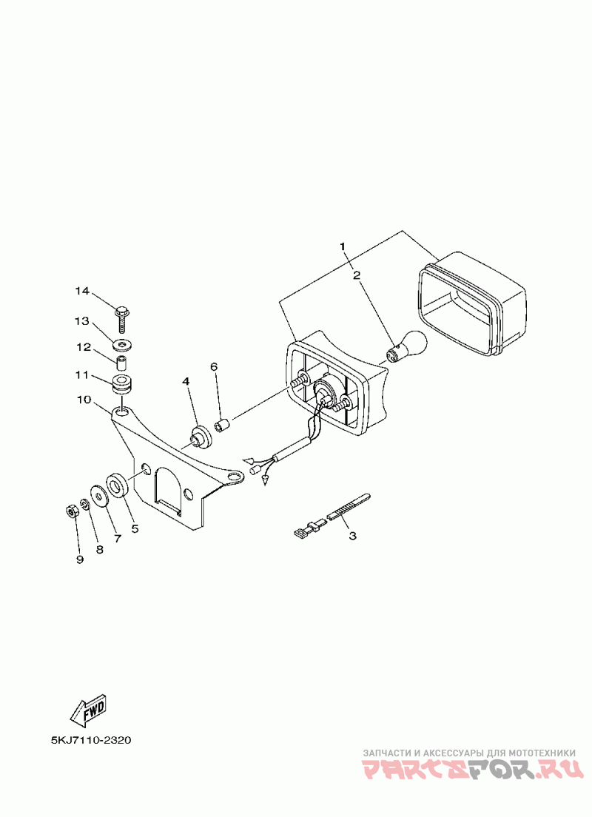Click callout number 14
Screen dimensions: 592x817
(81, 292)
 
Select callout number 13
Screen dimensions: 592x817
(81, 321)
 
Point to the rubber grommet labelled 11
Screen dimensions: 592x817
(120, 386)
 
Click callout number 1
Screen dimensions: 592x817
(343, 246)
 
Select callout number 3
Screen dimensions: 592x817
(352, 535)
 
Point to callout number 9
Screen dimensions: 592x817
(80, 559)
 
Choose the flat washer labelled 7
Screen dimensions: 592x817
(98, 494)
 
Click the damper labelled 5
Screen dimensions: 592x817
(118, 485)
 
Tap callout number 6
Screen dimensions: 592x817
(214, 366)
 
